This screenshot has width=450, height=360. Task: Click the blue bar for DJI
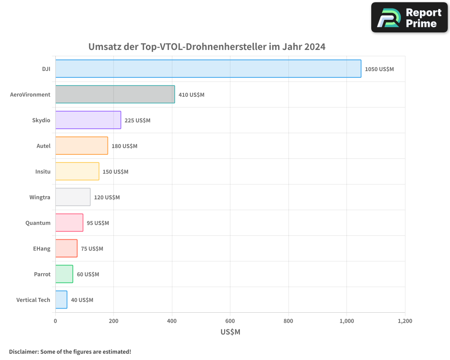click(x=208, y=69)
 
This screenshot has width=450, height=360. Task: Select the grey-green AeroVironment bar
click(x=115, y=94)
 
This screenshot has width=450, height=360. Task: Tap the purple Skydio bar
click(x=88, y=120)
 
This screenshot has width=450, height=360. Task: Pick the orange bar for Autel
click(x=81, y=146)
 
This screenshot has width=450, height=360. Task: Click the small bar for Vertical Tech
click(x=61, y=300)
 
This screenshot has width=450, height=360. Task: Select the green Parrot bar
click(x=64, y=274)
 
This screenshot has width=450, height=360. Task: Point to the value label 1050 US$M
click(x=379, y=69)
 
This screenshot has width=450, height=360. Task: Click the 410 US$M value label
click(x=191, y=95)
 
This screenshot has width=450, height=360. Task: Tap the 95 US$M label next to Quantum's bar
click(x=98, y=223)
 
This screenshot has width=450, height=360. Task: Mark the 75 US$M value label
click(x=92, y=249)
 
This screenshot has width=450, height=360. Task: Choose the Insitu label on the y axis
click(x=43, y=171)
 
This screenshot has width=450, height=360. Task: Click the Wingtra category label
click(x=40, y=197)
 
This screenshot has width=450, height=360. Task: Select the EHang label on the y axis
click(x=42, y=248)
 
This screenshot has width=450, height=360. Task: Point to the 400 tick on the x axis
click(x=172, y=321)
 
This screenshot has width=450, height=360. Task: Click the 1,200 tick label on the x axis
click(x=405, y=321)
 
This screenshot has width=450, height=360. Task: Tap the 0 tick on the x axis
click(x=55, y=321)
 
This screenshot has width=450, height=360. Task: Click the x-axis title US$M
click(x=230, y=332)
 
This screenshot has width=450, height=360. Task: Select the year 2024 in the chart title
click(x=315, y=47)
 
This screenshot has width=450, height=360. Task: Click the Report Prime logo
click(x=409, y=18)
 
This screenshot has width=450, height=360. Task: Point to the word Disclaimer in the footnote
click(x=23, y=351)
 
